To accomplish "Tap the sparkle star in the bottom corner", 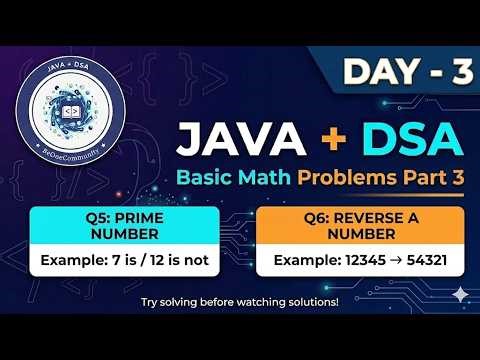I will [x=460, y=295].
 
